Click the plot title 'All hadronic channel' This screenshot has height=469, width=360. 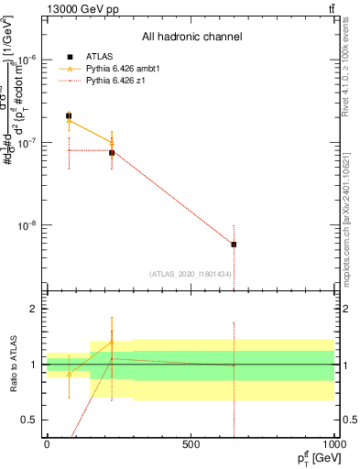tap(192, 38)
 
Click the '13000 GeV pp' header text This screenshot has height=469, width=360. tap(79, 8)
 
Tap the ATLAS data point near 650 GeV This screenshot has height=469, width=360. tap(234, 245)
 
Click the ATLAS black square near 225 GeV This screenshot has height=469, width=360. tap(112, 153)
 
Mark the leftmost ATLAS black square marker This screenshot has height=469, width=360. tap(69, 116)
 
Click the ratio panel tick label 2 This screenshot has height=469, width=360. tap(34, 310)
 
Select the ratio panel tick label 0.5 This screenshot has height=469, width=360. tap(30, 420)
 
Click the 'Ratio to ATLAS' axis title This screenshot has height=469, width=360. tap(12, 365)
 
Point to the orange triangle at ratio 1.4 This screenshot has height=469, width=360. tap(112, 342)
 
